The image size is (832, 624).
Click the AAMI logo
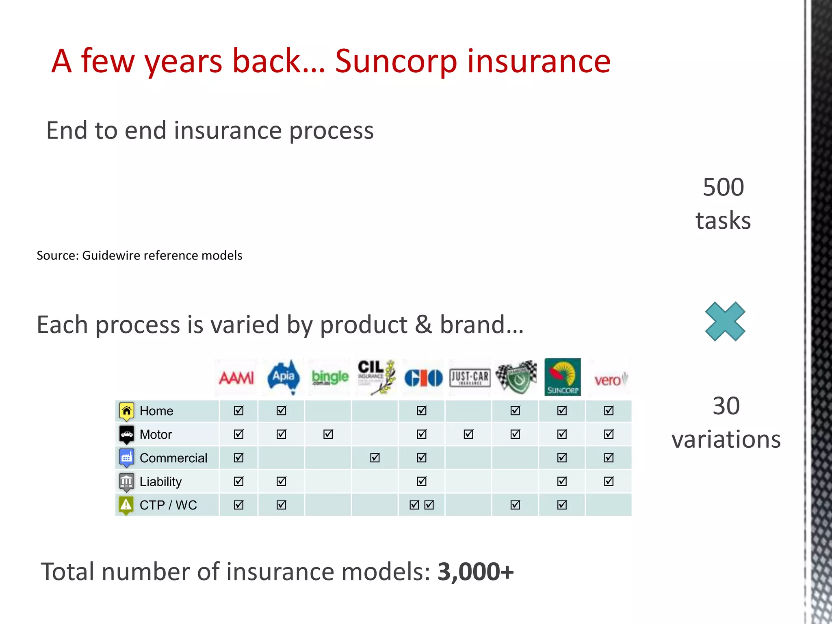point(236,378)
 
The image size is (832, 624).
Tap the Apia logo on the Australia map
point(284,377)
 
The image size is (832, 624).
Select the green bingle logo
point(330,377)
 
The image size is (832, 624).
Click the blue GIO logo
point(423,378)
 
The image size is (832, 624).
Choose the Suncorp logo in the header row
point(562,377)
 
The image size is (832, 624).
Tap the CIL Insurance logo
point(376,377)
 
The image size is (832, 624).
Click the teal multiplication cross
point(725,321)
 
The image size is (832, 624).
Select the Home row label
point(156,411)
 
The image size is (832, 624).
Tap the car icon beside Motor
point(126,434)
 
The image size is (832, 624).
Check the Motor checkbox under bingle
point(328,434)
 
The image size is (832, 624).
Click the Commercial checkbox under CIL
point(375,458)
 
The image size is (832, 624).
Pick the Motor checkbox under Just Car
point(468,434)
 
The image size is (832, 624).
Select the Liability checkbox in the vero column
point(609,481)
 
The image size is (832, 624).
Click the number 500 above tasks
point(724,187)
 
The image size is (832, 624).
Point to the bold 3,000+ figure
point(476,572)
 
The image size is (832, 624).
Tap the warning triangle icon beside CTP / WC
point(126,505)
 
